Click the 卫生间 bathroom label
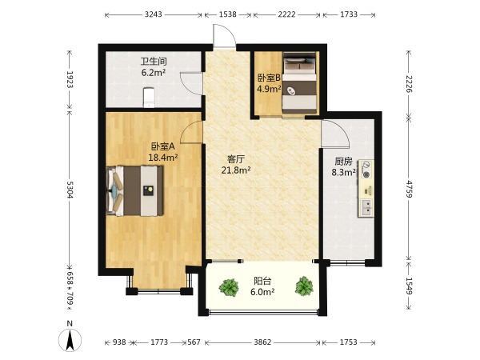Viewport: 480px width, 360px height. [154, 62]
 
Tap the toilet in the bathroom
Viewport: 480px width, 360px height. [149, 98]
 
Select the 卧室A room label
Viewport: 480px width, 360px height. [163, 146]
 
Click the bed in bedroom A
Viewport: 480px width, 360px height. [134, 191]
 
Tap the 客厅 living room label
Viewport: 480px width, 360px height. [236, 159]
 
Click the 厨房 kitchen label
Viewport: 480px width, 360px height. [343, 162]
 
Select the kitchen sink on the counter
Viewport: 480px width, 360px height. [366, 207]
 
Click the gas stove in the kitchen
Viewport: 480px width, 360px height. [366, 170]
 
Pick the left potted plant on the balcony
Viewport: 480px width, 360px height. [229, 287]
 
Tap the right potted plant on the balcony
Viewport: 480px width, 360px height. [304, 286]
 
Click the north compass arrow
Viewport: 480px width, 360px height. [70, 340]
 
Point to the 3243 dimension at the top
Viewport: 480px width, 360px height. [154, 14]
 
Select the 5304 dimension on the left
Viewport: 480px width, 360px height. [70, 190]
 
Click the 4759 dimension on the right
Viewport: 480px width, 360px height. [410, 189]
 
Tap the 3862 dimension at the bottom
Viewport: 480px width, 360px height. [262, 342]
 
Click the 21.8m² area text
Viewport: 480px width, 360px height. [236, 170]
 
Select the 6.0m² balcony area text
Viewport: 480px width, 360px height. [262, 292]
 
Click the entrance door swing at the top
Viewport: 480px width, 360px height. [225, 36]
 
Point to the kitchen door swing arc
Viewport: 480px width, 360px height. [335, 133]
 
